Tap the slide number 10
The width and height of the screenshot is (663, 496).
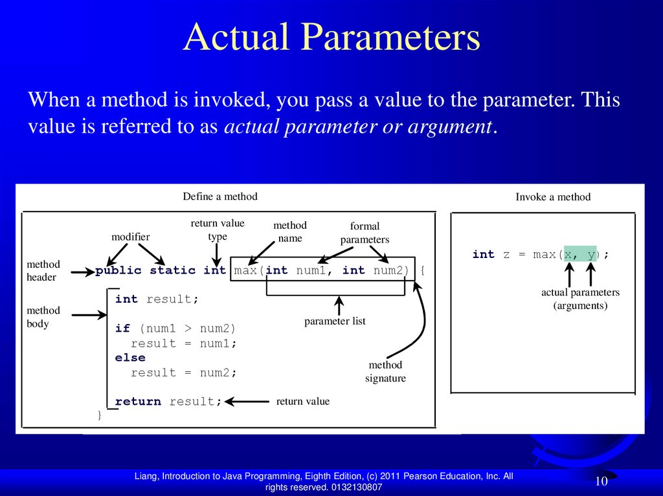point(601,481)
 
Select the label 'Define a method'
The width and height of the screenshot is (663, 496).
point(220,197)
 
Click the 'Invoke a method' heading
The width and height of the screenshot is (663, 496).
point(553,197)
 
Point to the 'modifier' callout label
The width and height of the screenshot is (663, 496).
point(130,237)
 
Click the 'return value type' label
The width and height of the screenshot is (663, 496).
point(218,230)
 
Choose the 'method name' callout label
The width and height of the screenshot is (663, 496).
point(290,232)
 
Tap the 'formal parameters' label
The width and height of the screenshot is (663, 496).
point(365,233)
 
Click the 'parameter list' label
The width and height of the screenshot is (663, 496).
point(335,321)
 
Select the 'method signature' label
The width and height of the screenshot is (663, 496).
point(385,372)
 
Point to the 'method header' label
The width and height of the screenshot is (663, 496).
point(43,270)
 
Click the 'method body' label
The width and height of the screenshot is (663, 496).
point(43,317)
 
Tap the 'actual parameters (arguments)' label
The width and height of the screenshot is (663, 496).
point(580,299)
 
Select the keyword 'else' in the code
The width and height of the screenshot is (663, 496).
point(130,358)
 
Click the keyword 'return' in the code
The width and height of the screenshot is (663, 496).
point(138,402)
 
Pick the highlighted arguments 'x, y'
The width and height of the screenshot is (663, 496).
point(579,255)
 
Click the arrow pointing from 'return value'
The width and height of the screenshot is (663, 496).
point(247,402)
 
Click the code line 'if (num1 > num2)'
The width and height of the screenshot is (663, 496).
point(175,329)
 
